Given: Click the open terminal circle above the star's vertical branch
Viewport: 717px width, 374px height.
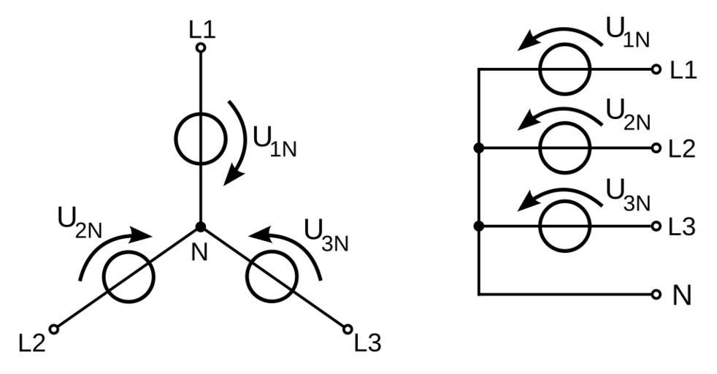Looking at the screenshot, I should [x=200, y=48].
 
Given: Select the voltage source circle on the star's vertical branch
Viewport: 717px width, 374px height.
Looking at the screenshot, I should [x=200, y=138].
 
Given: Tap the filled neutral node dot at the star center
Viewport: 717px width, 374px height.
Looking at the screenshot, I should [x=200, y=227].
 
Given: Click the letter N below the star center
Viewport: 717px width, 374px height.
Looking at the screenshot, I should [x=199, y=253].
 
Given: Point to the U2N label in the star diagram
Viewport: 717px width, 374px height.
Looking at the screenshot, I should [x=79, y=221].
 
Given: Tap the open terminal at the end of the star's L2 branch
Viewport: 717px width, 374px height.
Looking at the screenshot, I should [x=53, y=329].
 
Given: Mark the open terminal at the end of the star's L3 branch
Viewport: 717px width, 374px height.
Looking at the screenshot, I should [x=348, y=329].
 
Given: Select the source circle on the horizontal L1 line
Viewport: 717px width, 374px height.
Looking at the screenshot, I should [x=564, y=69].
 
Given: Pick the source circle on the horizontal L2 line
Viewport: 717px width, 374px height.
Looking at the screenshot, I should [x=564, y=148].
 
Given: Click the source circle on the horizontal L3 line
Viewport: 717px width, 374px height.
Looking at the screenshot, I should [x=564, y=226].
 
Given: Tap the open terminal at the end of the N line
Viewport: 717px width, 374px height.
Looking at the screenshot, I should [x=656, y=294].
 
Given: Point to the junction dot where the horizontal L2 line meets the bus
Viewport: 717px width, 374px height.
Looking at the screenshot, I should [x=478, y=148].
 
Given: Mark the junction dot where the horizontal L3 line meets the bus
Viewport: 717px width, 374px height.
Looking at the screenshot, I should [x=478, y=226].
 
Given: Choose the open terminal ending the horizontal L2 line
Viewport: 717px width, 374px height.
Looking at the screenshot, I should [x=656, y=148].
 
